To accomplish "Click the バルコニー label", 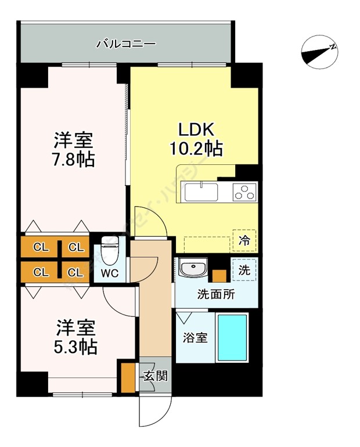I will pyautogui.click(x=125, y=43).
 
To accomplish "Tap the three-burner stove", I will pyautogui.click(x=244, y=192).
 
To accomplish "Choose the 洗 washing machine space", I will pyautogui.click(x=244, y=269).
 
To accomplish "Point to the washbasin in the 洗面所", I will pyautogui.click(x=192, y=269).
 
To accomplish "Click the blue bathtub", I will pyautogui.click(x=232, y=337).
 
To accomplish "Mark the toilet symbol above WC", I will pyautogui.click(x=109, y=248).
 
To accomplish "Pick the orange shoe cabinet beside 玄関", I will pyautogui.click(x=127, y=376).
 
